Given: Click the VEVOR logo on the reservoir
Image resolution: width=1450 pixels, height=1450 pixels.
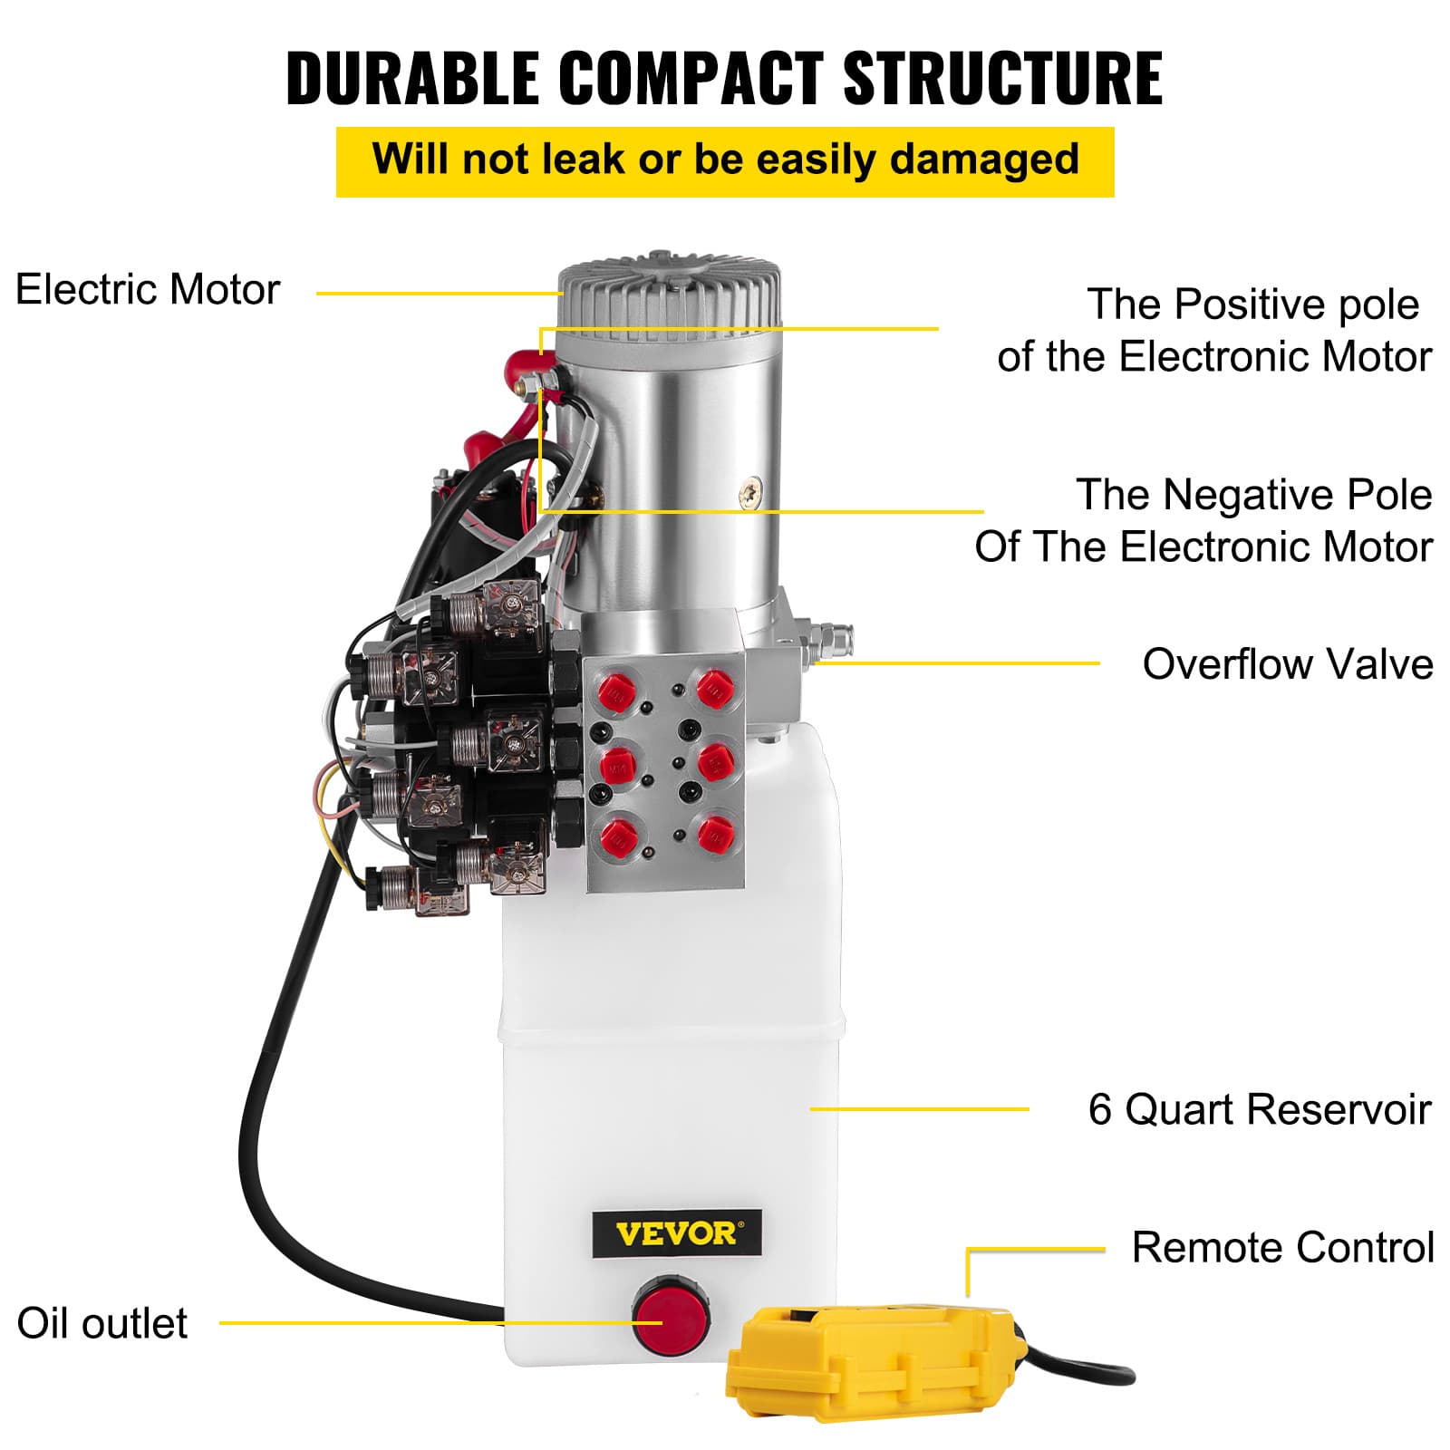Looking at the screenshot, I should pos(676,1233).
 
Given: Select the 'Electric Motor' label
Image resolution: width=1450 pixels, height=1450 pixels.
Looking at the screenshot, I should pos(148,290).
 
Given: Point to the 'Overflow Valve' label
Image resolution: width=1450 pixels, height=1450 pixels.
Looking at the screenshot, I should pos(1287,664).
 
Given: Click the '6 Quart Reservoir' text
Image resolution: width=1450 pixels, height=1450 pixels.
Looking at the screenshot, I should pos(1259,1109).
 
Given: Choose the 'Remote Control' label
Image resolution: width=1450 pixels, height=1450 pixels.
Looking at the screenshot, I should pos(1282,1248).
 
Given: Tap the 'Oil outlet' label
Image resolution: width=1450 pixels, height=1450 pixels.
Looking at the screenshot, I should pos(102,1323).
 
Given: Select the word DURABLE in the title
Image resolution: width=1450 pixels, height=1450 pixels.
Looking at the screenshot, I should pos(411,78).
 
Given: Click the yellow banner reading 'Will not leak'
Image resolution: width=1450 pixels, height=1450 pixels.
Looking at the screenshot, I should pos(725,160).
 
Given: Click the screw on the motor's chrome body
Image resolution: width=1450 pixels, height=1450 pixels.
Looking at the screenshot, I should pos(751,492).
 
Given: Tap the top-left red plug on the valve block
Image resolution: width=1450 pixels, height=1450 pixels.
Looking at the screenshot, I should pos(617,692).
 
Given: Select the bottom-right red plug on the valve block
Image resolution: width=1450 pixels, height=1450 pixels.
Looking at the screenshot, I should pos(715,834).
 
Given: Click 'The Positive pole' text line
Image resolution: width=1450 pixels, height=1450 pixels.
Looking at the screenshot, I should pos(1252,304).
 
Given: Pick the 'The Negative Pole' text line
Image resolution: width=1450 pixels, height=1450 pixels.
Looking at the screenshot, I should pos(1253,495).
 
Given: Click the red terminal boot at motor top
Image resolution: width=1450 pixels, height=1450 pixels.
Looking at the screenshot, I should pos(523,371).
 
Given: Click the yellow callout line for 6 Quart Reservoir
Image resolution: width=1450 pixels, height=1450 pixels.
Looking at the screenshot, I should pos(919,1108).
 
